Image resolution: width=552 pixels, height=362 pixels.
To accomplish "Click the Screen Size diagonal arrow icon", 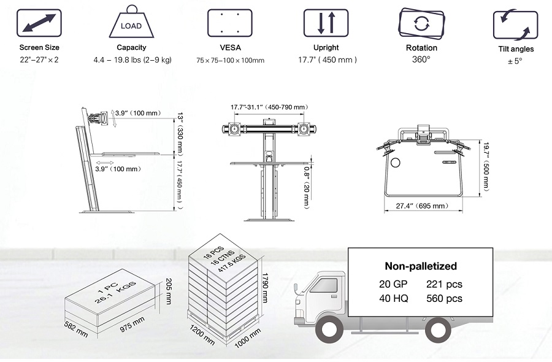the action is [x=39, y=23].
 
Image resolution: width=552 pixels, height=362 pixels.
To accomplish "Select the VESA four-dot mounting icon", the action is [x=230, y=23].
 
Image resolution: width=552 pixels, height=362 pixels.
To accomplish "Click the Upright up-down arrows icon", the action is [x=326, y=23].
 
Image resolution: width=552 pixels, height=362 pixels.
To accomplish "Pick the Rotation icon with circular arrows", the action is [x=421, y=23].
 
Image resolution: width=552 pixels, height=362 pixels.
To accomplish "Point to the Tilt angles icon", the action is [x=515, y=25].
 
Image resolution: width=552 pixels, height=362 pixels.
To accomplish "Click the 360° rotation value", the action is [x=421, y=59].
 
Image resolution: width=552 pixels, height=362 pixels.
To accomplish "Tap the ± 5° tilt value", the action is [x=515, y=61].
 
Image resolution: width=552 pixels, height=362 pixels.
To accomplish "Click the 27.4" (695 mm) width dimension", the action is [x=422, y=206].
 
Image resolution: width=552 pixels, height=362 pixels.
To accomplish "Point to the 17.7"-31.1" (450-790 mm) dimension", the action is [x=269, y=107].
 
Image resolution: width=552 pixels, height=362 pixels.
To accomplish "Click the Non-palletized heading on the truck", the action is [x=421, y=266].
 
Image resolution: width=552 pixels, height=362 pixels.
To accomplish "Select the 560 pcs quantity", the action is [x=444, y=299].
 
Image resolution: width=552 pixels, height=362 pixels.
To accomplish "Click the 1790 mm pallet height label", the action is [x=265, y=288].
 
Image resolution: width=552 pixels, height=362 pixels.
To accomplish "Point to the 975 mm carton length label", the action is [x=132, y=325].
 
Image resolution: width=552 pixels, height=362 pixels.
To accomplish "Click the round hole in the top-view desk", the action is [x=396, y=163].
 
